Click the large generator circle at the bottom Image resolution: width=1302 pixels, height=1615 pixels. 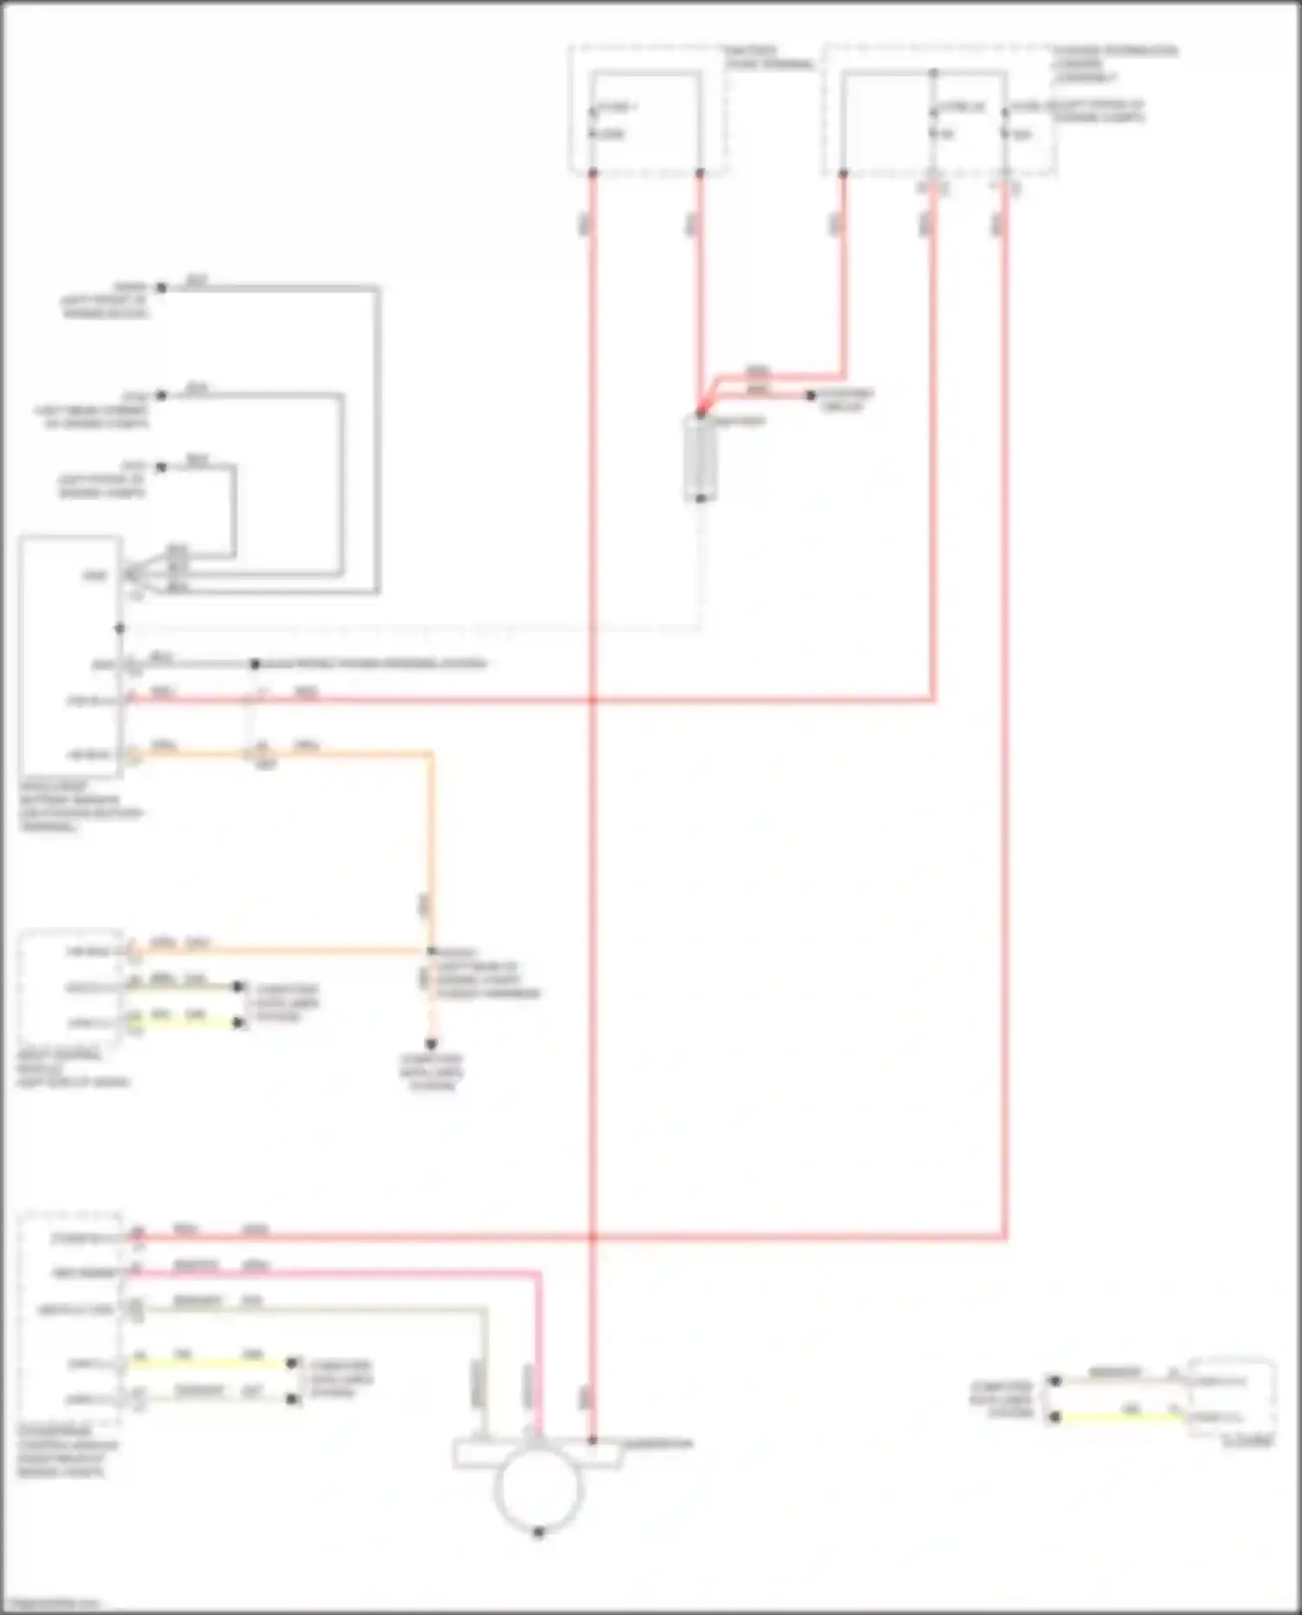537,1487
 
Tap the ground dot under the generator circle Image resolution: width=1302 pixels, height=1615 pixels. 538,1533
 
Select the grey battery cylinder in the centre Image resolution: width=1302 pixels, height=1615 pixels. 700,457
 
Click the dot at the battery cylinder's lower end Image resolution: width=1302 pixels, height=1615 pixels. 700,499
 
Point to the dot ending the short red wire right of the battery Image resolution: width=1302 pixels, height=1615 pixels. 810,396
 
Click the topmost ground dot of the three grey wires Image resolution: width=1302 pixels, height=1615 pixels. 161,287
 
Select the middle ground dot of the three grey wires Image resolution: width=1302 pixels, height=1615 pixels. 161,396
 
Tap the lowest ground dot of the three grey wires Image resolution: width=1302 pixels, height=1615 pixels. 161,467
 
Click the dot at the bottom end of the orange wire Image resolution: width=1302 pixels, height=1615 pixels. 431,1044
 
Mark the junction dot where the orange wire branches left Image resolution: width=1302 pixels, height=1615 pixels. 431,952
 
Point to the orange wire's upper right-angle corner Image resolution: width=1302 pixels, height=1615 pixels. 431,754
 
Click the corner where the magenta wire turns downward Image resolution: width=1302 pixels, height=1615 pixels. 538,1274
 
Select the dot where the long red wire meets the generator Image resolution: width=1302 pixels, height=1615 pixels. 593,1441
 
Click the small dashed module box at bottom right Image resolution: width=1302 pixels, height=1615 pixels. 1231,1398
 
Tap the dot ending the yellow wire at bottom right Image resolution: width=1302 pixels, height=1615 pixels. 1055,1416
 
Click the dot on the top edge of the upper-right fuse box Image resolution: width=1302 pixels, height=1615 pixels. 933,73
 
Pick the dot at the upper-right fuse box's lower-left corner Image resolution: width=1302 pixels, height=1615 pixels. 843,174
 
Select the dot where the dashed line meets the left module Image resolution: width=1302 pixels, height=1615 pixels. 120,628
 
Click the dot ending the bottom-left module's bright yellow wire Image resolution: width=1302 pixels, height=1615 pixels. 293,1363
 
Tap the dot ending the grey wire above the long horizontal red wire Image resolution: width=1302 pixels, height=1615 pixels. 254,664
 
